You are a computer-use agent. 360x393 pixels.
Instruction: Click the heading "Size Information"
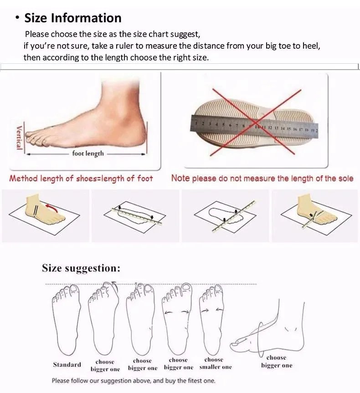pos(73,18)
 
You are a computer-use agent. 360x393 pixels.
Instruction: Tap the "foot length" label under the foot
pos(88,153)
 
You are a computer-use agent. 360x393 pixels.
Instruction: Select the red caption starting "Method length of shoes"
pos(81,179)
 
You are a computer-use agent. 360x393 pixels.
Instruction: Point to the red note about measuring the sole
pos(262,179)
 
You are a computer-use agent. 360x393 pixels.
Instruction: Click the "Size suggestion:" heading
pos(81,268)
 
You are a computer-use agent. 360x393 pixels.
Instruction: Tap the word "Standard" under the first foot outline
pos(67,364)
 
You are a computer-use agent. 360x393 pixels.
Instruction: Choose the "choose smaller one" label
pos(215,363)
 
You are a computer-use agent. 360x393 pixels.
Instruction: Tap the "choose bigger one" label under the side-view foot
pos(277,362)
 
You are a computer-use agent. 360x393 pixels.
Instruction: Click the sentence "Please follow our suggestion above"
pos(133,381)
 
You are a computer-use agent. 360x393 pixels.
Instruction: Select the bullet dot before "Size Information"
pos(17,18)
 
